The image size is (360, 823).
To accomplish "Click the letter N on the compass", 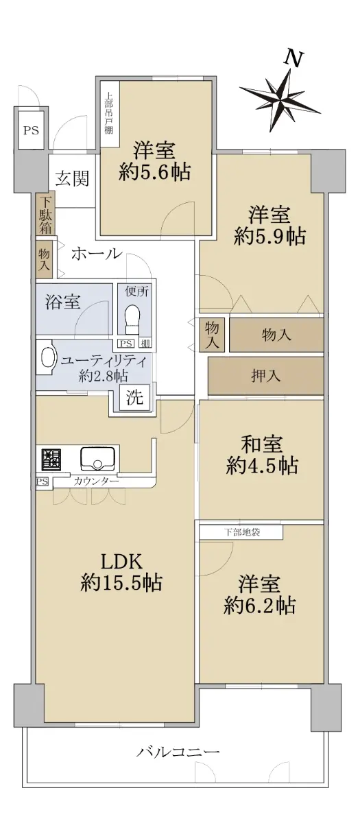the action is (x=294, y=59).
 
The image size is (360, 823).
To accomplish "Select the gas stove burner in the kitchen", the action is (x=48, y=459).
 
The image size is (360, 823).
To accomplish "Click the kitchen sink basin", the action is (x=97, y=458).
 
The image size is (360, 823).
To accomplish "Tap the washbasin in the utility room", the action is (x=47, y=357).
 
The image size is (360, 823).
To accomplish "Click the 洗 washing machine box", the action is (x=135, y=397).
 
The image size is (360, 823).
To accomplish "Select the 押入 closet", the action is (x=265, y=376).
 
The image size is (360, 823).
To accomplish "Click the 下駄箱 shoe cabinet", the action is (x=45, y=215).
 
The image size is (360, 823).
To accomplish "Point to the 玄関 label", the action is (x=73, y=178).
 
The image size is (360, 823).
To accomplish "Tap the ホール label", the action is (x=96, y=254).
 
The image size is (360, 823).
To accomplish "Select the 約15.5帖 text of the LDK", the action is (x=121, y=582).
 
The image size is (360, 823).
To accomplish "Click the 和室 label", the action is (x=261, y=444).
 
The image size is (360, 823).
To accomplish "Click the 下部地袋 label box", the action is (x=241, y=532).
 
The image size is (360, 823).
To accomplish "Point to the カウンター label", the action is (x=96, y=481).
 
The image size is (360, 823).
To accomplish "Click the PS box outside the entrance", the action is (x=31, y=130).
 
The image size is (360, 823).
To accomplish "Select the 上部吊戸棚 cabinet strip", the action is (x=109, y=113).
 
